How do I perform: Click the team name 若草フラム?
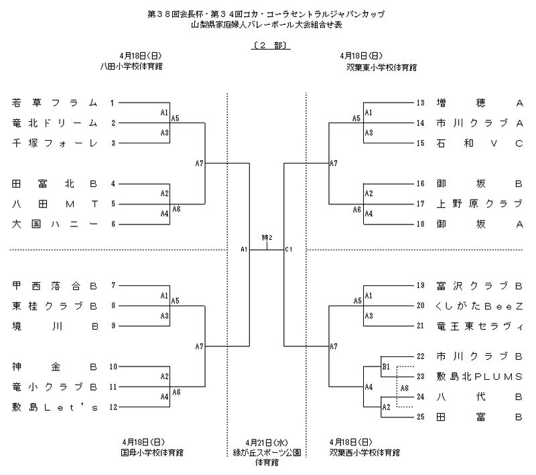(55, 103)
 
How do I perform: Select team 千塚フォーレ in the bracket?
(55, 143)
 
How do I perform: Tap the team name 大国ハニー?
(55, 224)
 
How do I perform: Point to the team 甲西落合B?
(55, 286)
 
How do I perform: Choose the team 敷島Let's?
(55, 407)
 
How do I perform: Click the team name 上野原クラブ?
(478, 204)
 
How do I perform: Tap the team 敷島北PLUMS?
(478, 377)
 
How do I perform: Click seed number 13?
(421, 103)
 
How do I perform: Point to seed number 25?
(421, 417)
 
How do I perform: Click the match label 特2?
(267, 239)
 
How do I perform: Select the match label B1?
(386, 367)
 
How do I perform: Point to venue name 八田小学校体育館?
(141, 66)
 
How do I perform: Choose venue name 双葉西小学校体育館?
(365, 453)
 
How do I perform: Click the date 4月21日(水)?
(267, 443)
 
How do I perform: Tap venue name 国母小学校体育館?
(141, 453)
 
